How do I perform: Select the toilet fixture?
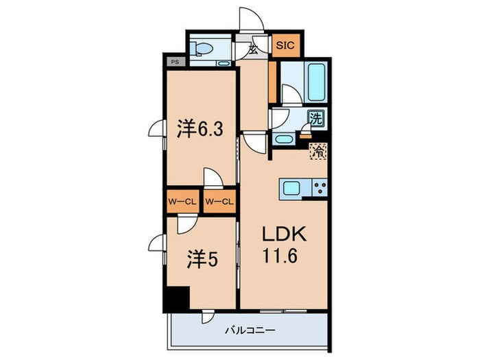204,49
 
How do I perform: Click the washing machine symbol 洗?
316,118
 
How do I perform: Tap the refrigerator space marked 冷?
317,151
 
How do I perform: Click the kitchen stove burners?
319,187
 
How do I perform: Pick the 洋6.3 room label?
198,130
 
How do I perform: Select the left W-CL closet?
182,201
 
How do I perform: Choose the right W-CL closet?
219,201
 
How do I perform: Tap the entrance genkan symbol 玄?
254,49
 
